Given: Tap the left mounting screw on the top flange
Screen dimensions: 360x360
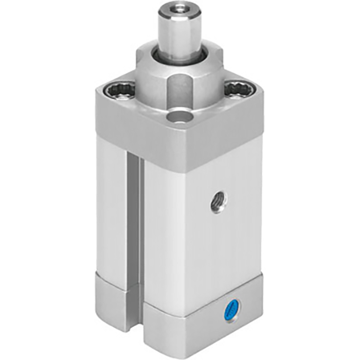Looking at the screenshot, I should pyautogui.click(x=119, y=91).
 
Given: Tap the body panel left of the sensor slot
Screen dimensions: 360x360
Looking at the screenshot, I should pyautogui.click(x=111, y=216).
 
